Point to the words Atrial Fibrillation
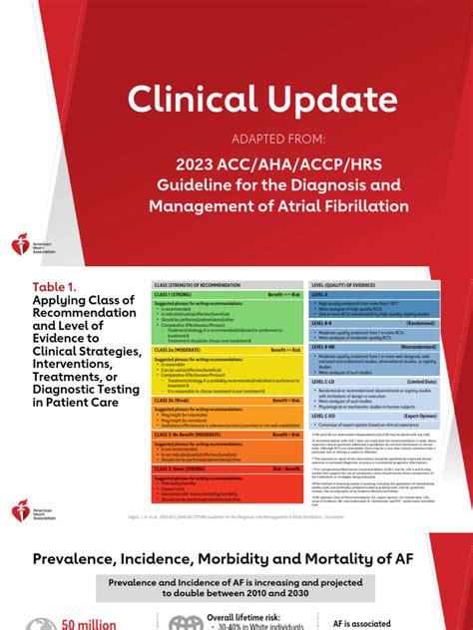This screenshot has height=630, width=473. coord(348,206)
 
